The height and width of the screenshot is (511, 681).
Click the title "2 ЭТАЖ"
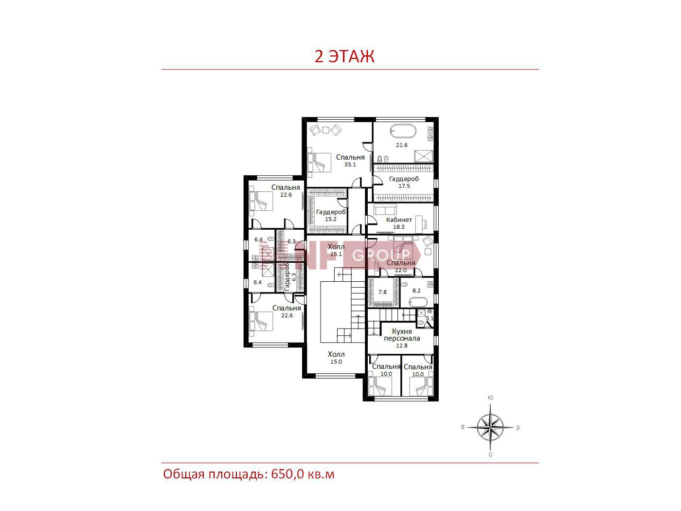click(x=344, y=56)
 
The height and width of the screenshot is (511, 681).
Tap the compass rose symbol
click(x=490, y=428)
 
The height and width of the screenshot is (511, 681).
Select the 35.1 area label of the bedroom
click(x=350, y=165)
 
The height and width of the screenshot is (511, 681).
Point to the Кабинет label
click(x=399, y=219)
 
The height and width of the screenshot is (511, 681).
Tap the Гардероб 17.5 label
click(x=404, y=182)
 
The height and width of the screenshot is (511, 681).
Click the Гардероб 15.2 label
click(x=331, y=215)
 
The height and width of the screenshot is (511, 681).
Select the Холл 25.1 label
click(x=336, y=250)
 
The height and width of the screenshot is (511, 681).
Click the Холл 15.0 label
click(x=336, y=358)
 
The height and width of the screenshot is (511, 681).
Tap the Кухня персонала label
click(x=402, y=335)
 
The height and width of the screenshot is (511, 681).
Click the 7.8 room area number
click(x=382, y=292)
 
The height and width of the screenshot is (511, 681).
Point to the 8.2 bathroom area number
click(x=416, y=291)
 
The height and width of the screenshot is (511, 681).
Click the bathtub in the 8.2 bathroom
click(x=418, y=302)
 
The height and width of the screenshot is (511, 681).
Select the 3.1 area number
click(x=430, y=318)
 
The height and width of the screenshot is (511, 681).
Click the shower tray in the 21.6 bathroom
click(x=424, y=156)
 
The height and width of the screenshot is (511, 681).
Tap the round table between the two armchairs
click(x=325, y=130)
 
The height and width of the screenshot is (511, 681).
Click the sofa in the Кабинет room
click(x=385, y=209)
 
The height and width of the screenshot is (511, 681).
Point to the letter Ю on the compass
click(x=490, y=398)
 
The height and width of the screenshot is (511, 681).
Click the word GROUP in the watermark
click(x=381, y=255)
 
